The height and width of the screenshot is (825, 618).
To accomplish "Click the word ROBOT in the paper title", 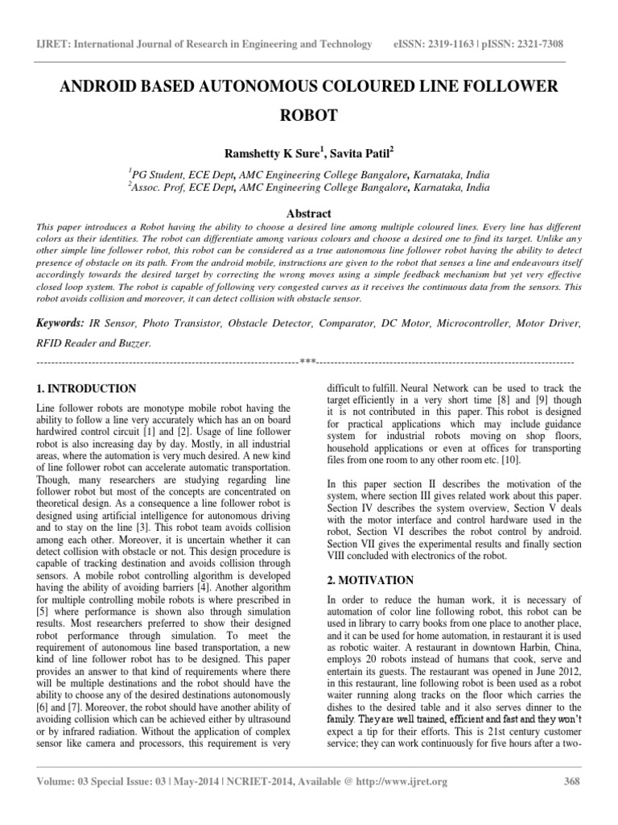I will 309,114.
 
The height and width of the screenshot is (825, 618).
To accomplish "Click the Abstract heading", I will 309,214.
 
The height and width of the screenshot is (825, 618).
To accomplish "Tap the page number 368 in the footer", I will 568,781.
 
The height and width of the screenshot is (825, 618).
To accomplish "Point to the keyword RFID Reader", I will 67,342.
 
